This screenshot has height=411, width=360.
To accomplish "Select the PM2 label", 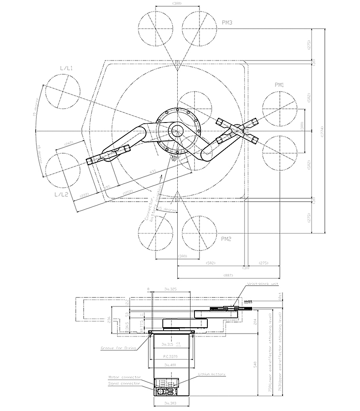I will click(226, 238).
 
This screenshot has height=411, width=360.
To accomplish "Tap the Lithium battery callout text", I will click(212, 374).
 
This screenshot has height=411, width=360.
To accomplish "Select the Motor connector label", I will click(124, 377).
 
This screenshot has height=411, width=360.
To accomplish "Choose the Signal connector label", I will click(124, 384).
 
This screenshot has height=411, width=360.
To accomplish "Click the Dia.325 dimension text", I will click(171, 290).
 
